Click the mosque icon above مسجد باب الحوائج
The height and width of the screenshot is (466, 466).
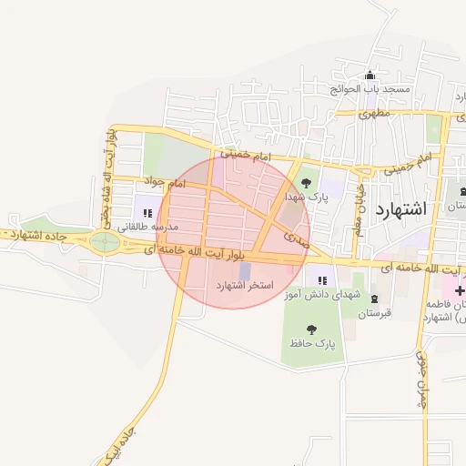tap(370, 76)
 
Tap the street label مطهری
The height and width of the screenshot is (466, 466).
tap(373, 115)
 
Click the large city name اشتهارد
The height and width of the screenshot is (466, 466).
tap(400, 208)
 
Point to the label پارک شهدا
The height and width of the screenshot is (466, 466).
tap(304, 197)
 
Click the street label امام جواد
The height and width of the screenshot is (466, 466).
tap(165, 183)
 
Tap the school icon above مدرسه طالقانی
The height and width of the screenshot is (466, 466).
tap(147, 214)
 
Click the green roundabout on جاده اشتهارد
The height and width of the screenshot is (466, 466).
tap(106, 242)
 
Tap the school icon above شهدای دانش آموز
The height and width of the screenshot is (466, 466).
tap(322, 281)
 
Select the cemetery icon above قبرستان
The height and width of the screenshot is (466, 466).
tap(374, 300)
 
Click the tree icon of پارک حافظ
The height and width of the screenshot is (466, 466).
tap(312, 329)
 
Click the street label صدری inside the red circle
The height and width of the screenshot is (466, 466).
tap(297, 238)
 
